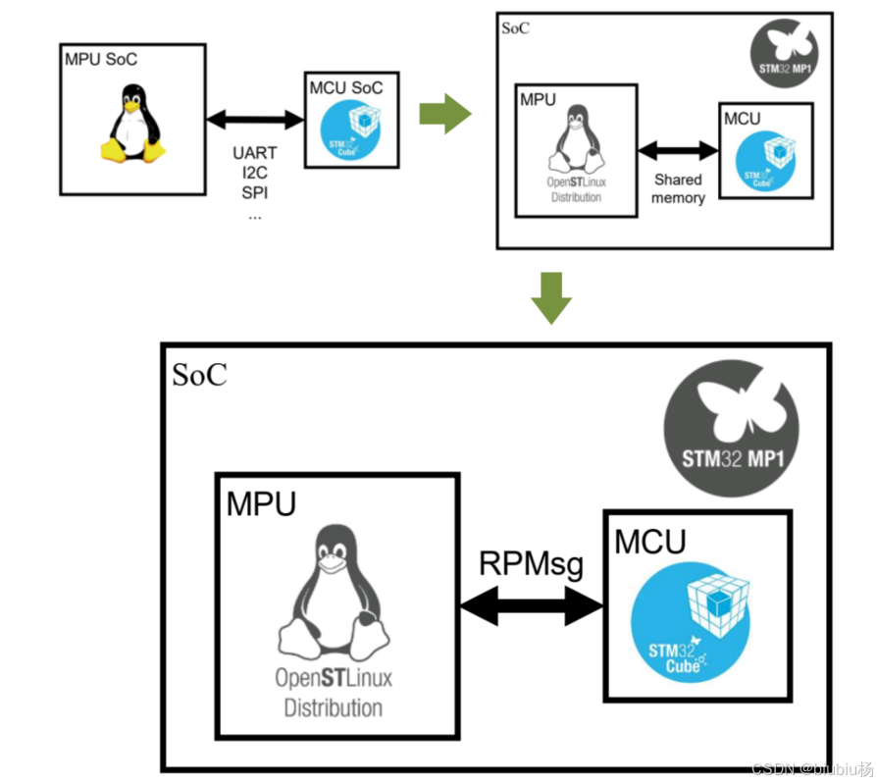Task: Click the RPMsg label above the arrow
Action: click(531, 564)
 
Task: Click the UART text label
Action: click(254, 153)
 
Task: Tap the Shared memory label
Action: click(678, 188)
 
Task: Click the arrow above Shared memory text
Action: click(678, 151)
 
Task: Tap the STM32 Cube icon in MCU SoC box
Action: click(355, 132)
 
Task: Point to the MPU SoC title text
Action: click(102, 58)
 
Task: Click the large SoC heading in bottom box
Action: click(199, 375)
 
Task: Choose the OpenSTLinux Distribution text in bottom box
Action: click(334, 693)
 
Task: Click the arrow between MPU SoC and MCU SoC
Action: click(255, 120)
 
